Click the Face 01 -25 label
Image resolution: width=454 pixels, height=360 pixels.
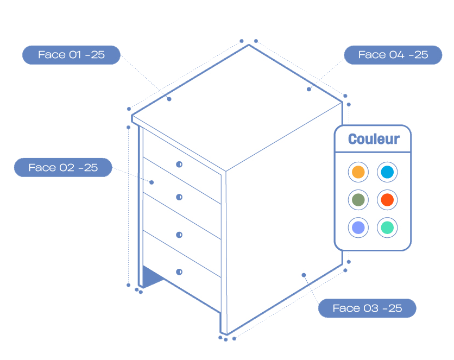tap(71, 55)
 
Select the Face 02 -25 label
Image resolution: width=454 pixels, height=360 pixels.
tap(63, 167)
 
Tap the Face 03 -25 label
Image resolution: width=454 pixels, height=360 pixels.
tap(367, 308)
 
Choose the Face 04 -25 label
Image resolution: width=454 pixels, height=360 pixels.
tap(393, 55)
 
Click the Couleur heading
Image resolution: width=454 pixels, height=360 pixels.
tap(373, 140)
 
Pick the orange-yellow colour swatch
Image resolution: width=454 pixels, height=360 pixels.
tap(358, 172)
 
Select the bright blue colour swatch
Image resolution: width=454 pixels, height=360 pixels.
tap(387, 172)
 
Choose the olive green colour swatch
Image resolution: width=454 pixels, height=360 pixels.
tap(358, 200)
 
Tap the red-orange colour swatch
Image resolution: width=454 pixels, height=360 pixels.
tap(387, 200)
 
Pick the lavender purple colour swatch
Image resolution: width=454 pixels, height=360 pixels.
tap(358, 228)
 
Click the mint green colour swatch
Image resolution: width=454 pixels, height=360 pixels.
tap(387, 228)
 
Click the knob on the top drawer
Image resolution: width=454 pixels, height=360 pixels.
tap(179, 164)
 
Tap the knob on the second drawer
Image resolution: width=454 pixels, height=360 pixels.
tap(179, 197)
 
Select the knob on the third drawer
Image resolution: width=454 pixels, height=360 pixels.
tap(179, 235)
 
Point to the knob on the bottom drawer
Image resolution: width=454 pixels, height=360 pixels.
tap(179, 271)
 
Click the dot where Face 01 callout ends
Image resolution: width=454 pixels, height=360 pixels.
tap(169, 99)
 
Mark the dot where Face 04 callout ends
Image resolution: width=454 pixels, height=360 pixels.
tap(309, 89)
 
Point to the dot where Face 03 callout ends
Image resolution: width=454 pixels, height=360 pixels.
tap(304, 275)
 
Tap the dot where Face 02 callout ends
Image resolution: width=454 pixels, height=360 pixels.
tap(152, 182)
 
